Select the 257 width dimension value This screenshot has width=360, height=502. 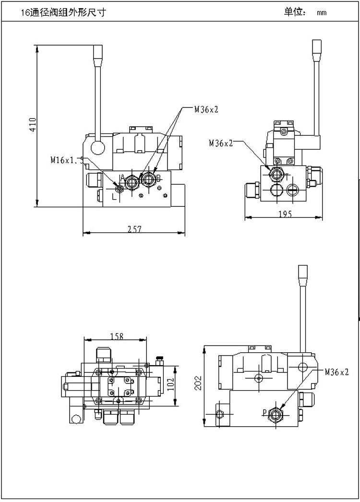click(135, 230)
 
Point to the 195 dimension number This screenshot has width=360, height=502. click(285, 215)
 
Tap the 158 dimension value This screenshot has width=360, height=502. click(117, 335)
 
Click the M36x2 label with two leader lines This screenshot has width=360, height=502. click(206, 109)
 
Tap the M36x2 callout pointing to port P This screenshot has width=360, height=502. click(336, 371)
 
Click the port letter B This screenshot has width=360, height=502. click(158, 178)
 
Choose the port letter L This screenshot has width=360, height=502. click(114, 196)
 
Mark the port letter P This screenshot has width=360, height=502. click(264, 412)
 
